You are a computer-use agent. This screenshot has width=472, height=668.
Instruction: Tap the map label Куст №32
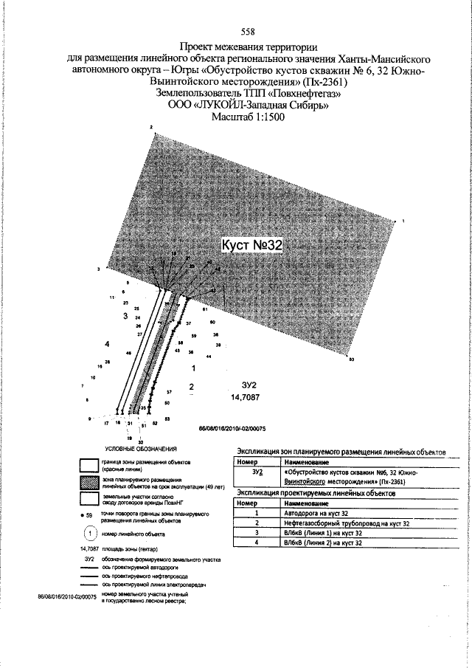click(253, 245)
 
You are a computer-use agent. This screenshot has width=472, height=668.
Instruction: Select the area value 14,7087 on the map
click(249, 398)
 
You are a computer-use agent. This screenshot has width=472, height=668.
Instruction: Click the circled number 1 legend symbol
click(88, 532)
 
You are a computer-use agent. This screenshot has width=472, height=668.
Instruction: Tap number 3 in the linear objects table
click(257, 532)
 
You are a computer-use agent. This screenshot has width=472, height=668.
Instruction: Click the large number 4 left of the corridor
click(108, 344)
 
